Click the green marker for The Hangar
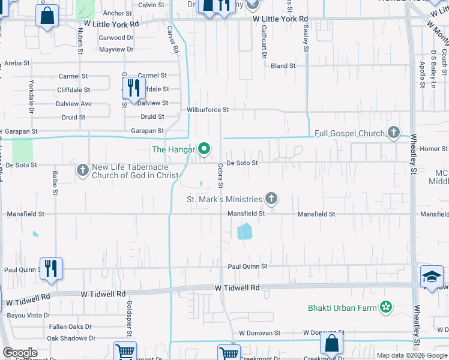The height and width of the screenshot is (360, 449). pos(204,149)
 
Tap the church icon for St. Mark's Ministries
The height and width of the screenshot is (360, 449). pos(271,199)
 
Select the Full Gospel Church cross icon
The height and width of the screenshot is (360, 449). pos(394,133)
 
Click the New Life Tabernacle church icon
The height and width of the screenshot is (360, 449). pos(83,171)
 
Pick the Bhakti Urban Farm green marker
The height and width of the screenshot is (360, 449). pos(385,308)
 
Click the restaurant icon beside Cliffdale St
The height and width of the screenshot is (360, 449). pos(133,88)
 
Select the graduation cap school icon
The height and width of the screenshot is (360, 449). pos(431,277)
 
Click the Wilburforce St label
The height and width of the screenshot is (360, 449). pos(208,110)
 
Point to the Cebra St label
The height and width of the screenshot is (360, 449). pos(220,175)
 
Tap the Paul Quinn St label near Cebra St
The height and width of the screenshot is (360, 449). pos(247,266)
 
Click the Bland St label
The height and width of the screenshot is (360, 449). pos(283,66)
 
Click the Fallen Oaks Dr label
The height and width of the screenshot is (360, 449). pos(70,327)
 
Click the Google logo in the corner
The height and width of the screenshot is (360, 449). pos(19,353)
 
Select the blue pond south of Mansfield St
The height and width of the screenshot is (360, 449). pos(245,231)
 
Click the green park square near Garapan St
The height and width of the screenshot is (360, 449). pos(22,149)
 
